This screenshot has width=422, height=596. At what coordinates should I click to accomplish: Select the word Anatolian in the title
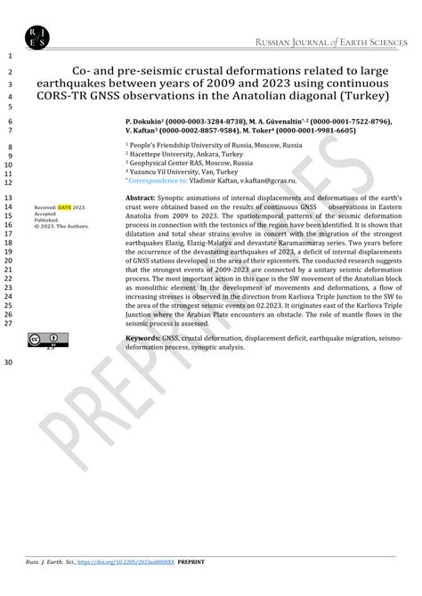tap(301, 95)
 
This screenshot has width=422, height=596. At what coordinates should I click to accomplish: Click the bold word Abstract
tap(141, 197)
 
